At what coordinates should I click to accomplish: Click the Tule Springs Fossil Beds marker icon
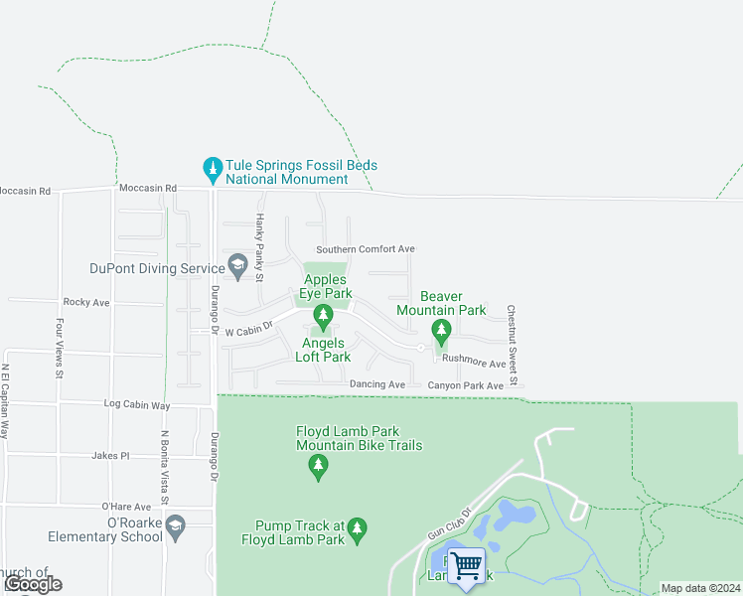(x=212, y=169)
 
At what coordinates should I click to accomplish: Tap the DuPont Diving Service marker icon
(x=237, y=265)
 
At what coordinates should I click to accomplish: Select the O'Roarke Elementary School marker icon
(x=176, y=527)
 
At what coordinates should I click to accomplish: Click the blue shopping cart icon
(x=466, y=566)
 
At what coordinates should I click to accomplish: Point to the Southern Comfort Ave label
(x=365, y=249)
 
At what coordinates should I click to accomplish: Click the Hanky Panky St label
(x=260, y=247)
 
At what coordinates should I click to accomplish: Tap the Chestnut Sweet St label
(x=513, y=345)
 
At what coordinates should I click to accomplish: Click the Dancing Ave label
(x=377, y=384)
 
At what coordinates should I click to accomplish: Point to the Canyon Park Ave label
(x=466, y=385)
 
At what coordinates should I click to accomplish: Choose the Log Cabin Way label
(x=138, y=405)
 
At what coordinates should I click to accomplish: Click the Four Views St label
(x=60, y=348)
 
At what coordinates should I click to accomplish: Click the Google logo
(x=33, y=584)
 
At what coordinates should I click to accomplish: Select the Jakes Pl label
(x=110, y=456)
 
